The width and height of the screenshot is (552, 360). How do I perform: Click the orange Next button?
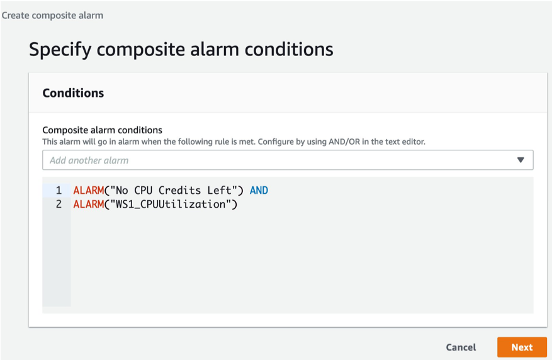pos(522,347)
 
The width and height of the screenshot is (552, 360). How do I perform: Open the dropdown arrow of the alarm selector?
pos(521,160)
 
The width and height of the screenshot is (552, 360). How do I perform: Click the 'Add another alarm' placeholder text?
pos(89,160)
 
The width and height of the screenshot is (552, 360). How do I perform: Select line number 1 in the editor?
pos(59,190)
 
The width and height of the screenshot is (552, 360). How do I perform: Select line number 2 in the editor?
pos(59,205)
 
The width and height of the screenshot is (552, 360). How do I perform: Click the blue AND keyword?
pos(259,190)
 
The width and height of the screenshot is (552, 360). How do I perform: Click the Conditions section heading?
pos(73,93)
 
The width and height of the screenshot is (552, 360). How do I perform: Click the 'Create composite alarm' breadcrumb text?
pos(52,15)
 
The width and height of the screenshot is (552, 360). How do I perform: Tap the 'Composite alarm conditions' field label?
pos(102,130)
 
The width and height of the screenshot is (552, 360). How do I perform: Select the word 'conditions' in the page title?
pos(291,49)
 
